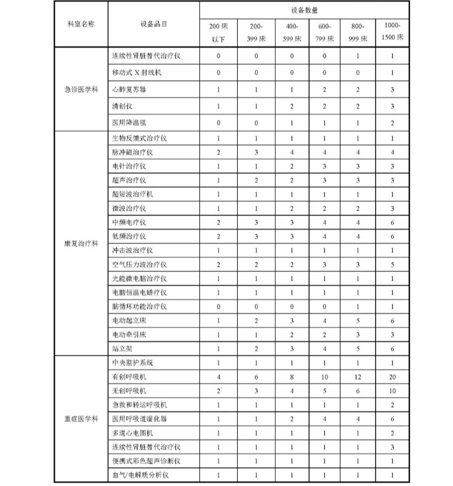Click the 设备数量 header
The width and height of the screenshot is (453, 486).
pos(304,10)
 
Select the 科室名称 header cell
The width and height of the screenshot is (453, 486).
pos(81,24)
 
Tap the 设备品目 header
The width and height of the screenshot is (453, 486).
pos(154,24)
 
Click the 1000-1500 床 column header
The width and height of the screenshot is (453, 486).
pos(392,32)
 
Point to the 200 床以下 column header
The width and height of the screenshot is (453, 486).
pos(218,32)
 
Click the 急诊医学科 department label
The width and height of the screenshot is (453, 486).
pos(81,89)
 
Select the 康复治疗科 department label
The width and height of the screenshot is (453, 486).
pos(81,243)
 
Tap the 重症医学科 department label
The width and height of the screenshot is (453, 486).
pos(81,419)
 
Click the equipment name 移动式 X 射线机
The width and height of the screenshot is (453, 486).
pos(137,73)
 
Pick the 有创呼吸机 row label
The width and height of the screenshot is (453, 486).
pos(129,377)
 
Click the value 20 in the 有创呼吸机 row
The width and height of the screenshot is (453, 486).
pos(392,377)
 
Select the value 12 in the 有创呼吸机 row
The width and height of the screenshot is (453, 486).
pos(357,377)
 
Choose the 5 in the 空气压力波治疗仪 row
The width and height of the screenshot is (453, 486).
pos(392,265)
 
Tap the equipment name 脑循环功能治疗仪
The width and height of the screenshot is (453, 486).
pos(140,307)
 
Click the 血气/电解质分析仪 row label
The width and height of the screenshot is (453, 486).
pos(141,475)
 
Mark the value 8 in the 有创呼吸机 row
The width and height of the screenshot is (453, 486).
pos(292,377)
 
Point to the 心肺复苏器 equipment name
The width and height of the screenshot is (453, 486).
pos(129,89)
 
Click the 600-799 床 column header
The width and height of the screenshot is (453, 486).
pos(324,32)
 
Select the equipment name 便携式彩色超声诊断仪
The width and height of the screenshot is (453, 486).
pos(146,461)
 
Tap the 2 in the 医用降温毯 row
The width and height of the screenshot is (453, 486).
pos(392,123)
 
